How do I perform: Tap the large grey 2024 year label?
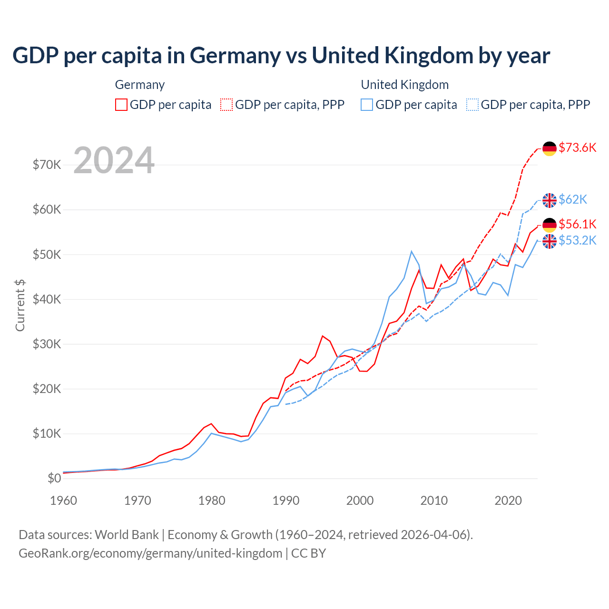click(x=114, y=160)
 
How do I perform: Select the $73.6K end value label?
click(x=577, y=147)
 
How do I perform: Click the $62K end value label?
click(x=573, y=199)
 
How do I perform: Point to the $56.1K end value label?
click(x=577, y=224)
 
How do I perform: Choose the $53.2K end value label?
click(x=577, y=240)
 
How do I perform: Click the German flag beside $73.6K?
click(x=550, y=148)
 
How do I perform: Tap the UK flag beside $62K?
click(x=550, y=200)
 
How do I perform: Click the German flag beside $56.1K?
click(x=550, y=225)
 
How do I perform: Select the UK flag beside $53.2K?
click(x=550, y=241)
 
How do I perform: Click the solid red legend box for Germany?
click(x=121, y=105)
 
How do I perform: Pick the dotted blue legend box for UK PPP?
click(x=472, y=105)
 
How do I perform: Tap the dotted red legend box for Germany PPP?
click(x=226, y=105)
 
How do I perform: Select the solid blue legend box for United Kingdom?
click(x=367, y=105)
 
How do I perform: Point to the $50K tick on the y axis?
click(x=47, y=255)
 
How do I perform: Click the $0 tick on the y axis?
click(x=54, y=478)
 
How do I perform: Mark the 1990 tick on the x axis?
click(x=286, y=501)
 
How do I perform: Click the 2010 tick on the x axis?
click(x=434, y=501)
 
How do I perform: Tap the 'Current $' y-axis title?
click(x=20, y=305)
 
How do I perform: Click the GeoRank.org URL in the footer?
click(x=150, y=553)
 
